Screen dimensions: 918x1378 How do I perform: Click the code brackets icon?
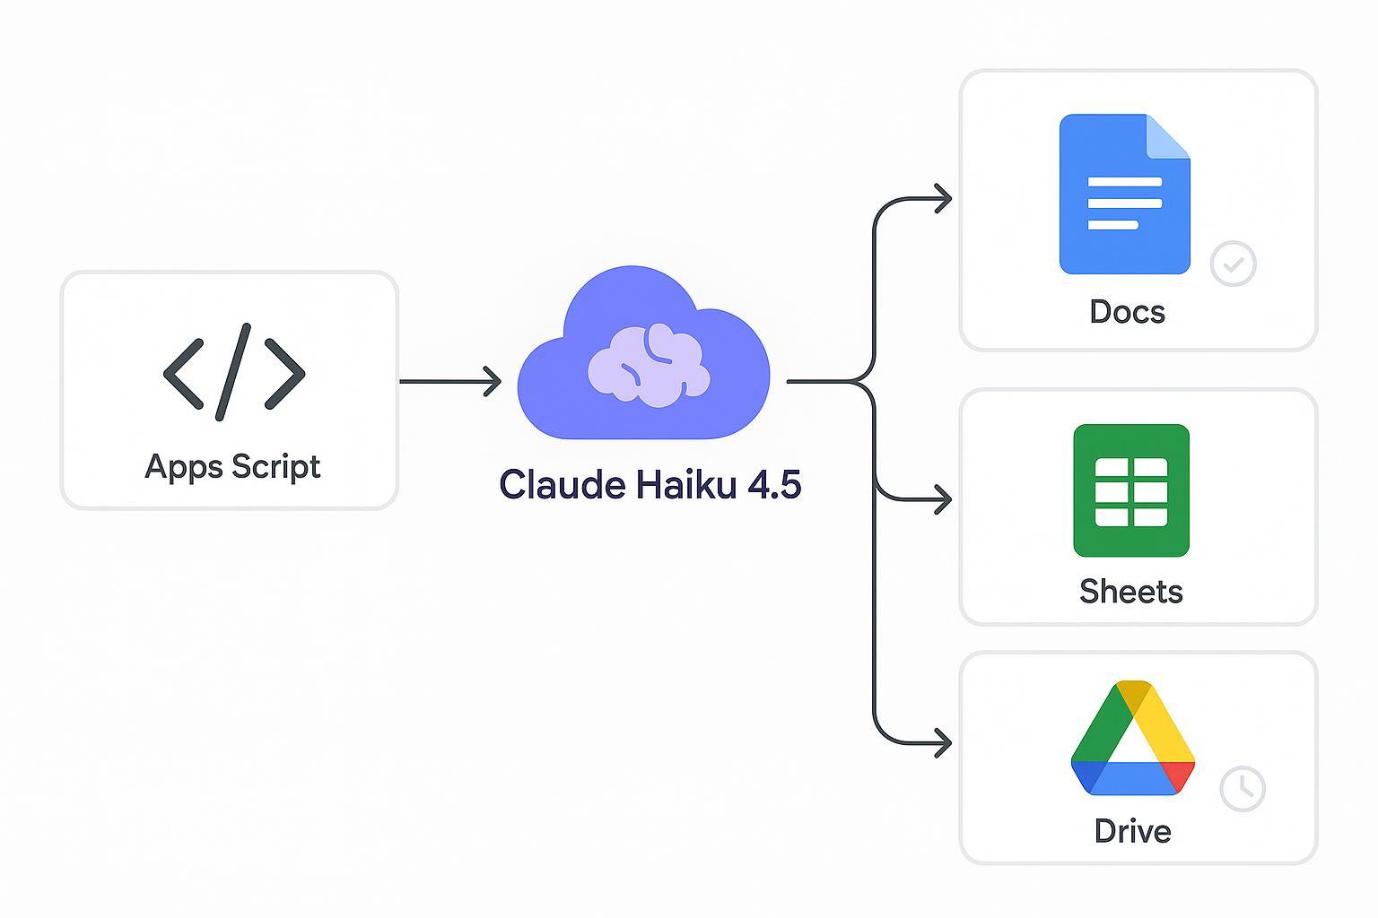pyautogui.click(x=234, y=372)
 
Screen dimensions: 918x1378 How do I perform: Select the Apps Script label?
pyautogui.click(x=232, y=467)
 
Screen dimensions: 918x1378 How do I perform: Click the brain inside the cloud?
pyautogui.click(x=649, y=363)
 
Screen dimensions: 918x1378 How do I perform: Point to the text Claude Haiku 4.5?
pyautogui.click(x=650, y=485)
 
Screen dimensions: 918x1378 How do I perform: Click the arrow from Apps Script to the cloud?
pyautogui.click(x=449, y=381)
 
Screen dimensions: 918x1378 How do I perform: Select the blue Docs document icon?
pyautogui.click(x=1124, y=194)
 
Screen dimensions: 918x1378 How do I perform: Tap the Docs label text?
pyautogui.click(x=1127, y=312)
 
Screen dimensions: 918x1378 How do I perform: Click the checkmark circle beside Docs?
pyautogui.click(x=1233, y=264)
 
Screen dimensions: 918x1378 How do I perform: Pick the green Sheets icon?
pyautogui.click(x=1130, y=490)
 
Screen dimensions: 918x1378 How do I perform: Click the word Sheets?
pyautogui.click(x=1130, y=592)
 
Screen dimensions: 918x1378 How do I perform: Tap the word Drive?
pyautogui.click(x=1132, y=831)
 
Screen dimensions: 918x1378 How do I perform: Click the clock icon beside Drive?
pyautogui.click(x=1243, y=789)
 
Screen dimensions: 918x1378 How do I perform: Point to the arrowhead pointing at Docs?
pyautogui.click(x=943, y=198)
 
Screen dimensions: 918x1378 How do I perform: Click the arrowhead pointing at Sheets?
pyautogui.click(x=943, y=499)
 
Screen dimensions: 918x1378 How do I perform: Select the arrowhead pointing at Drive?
pyautogui.click(x=943, y=743)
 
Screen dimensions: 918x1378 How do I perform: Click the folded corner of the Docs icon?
pyautogui.click(x=1168, y=136)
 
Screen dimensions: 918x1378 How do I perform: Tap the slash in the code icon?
pyautogui.click(x=233, y=372)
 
